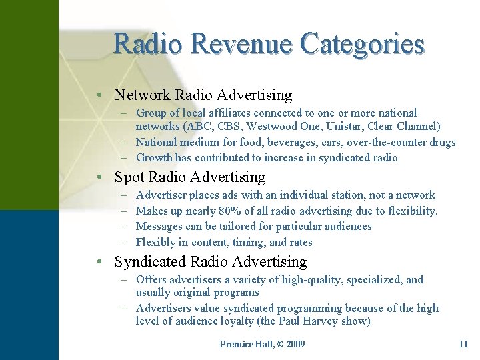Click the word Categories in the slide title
(362, 44)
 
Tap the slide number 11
(463, 344)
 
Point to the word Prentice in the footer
(235, 344)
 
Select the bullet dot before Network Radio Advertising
(98, 96)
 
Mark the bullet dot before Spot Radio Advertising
(98, 178)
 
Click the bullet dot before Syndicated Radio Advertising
(98, 263)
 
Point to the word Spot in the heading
(129, 177)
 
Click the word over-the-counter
(391, 142)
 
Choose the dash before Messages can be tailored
(125, 227)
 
